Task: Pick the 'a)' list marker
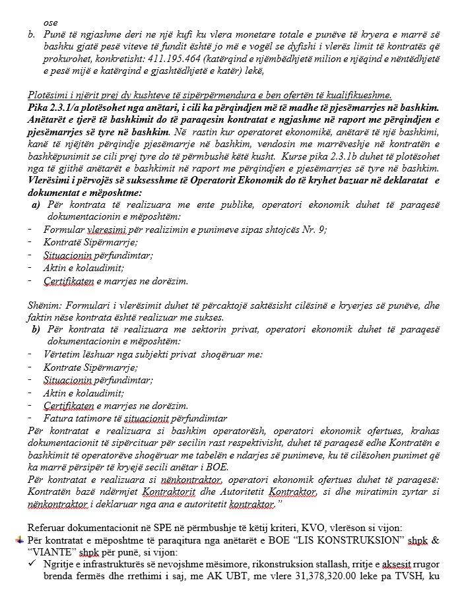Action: pos(36,205)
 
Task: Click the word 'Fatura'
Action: pos(57,418)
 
